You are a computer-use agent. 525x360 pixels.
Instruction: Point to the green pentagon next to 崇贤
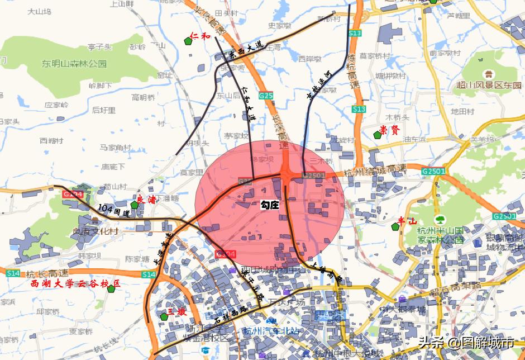pos(378,135)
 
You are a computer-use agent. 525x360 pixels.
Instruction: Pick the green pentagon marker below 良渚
pos(134,205)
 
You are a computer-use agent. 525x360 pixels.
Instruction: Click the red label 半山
pos(407,221)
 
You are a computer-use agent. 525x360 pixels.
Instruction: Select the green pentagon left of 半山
pos(395,226)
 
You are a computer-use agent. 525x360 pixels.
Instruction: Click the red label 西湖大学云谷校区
pos(75,285)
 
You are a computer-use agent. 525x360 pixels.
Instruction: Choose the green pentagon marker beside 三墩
pos(164,317)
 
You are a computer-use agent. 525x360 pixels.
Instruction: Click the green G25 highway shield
pos(266,96)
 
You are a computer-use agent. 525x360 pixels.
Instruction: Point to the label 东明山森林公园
pos(74,64)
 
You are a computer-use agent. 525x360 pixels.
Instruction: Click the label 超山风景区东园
pos(488,86)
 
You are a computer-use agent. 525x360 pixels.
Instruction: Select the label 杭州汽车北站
pos(270,330)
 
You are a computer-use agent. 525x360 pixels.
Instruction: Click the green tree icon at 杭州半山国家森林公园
pos(440,220)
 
